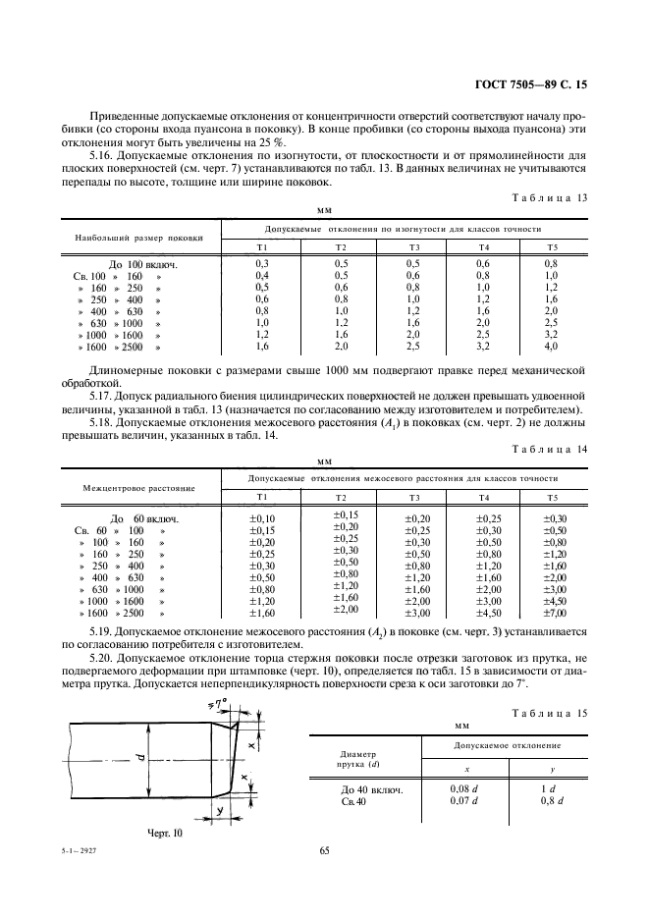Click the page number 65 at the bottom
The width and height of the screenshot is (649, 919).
tap(324, 851)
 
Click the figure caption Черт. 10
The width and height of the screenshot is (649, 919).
tap(165, 832)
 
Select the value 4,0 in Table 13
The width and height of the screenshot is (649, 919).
tap(551, 347)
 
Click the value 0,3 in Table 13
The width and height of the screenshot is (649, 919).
tap(262, 264)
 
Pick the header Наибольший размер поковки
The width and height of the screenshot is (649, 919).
tap(138, 238)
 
